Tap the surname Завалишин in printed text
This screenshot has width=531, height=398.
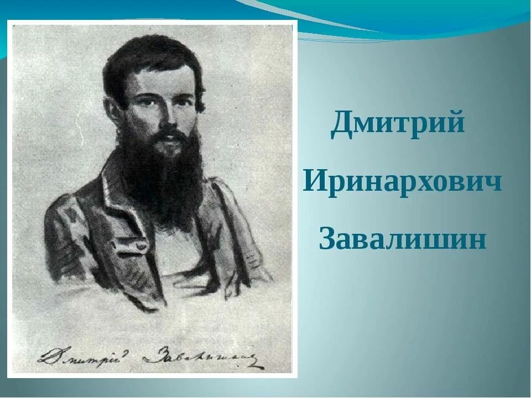(403, 239)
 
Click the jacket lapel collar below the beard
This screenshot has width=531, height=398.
(119, 205)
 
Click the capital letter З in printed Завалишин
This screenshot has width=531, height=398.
(327, 239)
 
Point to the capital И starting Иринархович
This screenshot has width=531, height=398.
(314, 181)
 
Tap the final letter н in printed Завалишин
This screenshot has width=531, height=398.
(478, 240)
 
